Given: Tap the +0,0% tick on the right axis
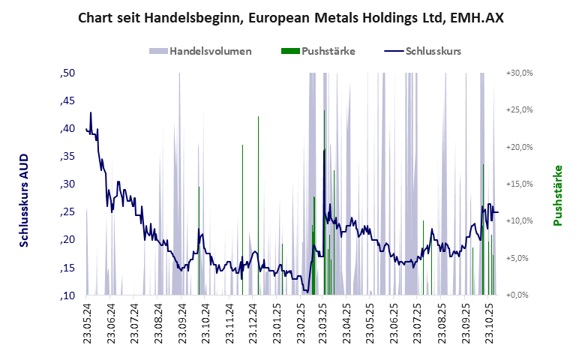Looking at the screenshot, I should tap(519, 295).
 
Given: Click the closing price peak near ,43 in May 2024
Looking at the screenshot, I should tap(91, 113).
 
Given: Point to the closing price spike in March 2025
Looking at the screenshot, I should tap(324, 151).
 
